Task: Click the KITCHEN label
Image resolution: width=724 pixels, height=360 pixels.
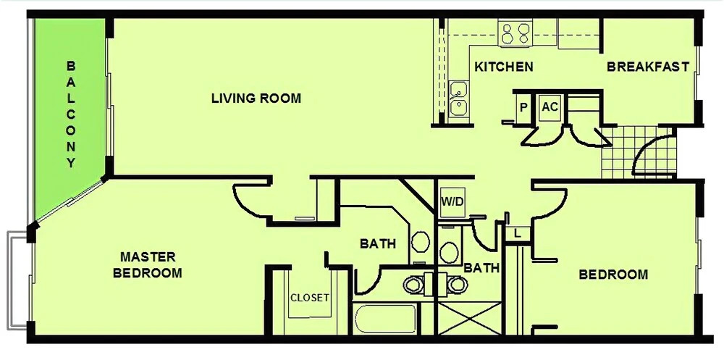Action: (504, 67)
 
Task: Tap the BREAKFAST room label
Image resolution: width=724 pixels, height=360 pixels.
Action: (648, 67)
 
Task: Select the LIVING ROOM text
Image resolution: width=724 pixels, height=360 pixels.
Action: (256, 98)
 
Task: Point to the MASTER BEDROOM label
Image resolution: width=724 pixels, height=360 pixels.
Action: (148, 265)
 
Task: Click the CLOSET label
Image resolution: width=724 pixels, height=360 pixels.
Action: (310, 298)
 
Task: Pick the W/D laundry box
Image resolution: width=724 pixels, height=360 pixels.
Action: (452, 202)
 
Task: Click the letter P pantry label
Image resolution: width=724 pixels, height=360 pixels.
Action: (523, 108)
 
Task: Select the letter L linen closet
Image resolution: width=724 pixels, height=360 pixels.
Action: (517, 233)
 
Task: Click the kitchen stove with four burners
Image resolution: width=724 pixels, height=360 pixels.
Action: (515, 33)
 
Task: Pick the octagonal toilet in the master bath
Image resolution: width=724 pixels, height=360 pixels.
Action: (420, 242)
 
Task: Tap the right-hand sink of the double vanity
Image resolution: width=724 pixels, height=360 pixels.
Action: (457, 285)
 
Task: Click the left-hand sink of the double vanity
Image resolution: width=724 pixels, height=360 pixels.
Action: (413, 285)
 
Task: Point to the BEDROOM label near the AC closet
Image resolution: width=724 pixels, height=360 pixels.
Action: (613, 275)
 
